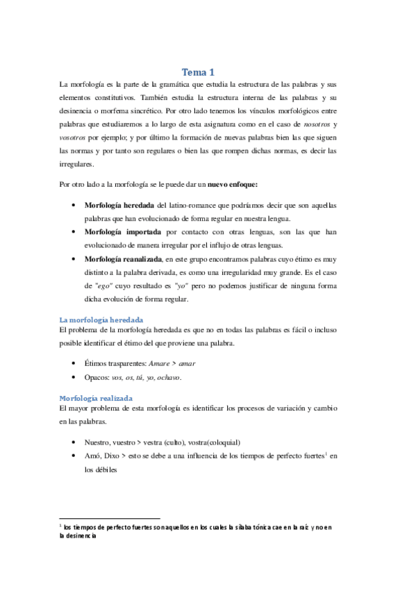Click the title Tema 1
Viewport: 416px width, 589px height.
198,72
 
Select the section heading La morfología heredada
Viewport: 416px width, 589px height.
102,319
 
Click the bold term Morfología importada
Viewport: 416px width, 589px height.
123,231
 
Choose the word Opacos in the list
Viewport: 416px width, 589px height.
96,377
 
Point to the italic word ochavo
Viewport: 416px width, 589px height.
167,377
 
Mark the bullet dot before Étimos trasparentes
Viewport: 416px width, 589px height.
74,363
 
